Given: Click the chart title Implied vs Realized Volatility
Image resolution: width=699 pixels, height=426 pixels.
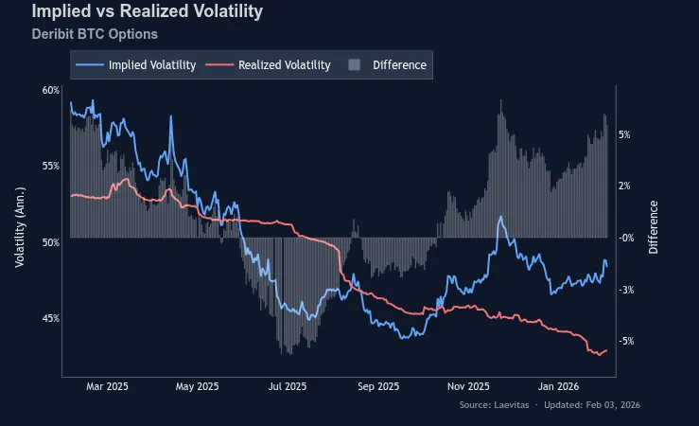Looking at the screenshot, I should click(x=147, y=12).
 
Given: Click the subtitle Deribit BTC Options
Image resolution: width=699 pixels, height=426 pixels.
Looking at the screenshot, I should click(x=95, y=34).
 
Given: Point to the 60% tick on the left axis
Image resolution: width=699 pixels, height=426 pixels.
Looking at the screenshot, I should click(x=51, y=90).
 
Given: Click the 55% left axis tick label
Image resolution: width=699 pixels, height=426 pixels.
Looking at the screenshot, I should click(x=51, y=166).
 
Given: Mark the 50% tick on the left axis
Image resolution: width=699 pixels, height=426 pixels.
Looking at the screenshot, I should click(x=51, y=242).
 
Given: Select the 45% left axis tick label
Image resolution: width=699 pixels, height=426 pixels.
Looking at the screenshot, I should click(x=51, y=318).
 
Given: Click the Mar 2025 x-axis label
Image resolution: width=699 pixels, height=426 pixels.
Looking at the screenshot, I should click(x=107, y=386).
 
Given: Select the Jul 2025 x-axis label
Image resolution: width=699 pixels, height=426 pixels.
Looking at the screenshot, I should click(x=288, y=386).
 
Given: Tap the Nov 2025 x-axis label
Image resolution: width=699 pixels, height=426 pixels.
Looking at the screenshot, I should click(x=468, y=386).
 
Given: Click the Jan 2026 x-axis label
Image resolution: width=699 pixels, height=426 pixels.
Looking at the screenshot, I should click(x=558, y=386).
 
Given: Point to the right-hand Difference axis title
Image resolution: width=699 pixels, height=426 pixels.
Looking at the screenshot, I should click(x=654, y=227).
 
